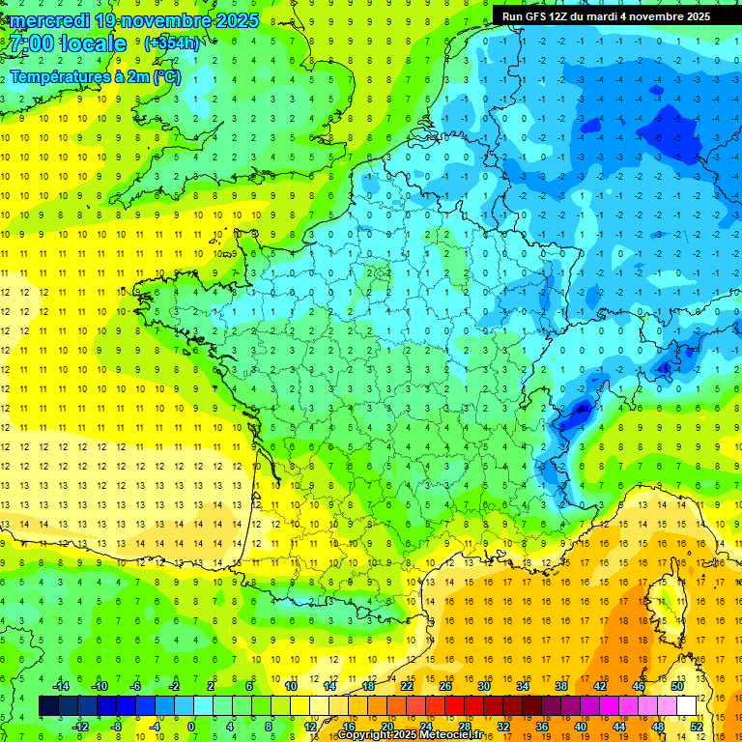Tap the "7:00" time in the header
pyautogui.click(x=31, y=43)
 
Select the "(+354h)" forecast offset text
pyautogui.click(x=172, y=43)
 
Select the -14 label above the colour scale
pyautogui.click(x=61, y=686)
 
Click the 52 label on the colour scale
pyautogui.click(x=697, y=726)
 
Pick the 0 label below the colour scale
pyautogui.click(x=191, y=726)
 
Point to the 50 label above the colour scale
pyautogui.click(x=677, y=686)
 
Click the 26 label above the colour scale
pyautogui.click(x=445, y=686)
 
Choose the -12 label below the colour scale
pyautogui.click(x=80, y=726)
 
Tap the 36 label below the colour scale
pyautogui.click(x=541, y=726)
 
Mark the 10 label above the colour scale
pyautogui.click(x=291, y=686)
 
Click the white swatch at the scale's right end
pyautogui.click(x=687, y=705)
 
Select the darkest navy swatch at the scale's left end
pyautogui.click(x=48, y=705)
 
